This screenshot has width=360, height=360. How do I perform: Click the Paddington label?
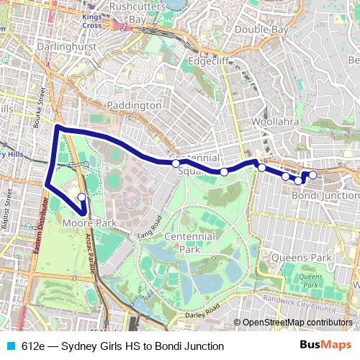pos(134,105)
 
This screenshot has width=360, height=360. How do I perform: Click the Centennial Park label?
pos(189,243)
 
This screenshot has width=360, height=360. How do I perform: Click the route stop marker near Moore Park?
pos(81,197)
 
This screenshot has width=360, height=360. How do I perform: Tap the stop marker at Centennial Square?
pos(176,164)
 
